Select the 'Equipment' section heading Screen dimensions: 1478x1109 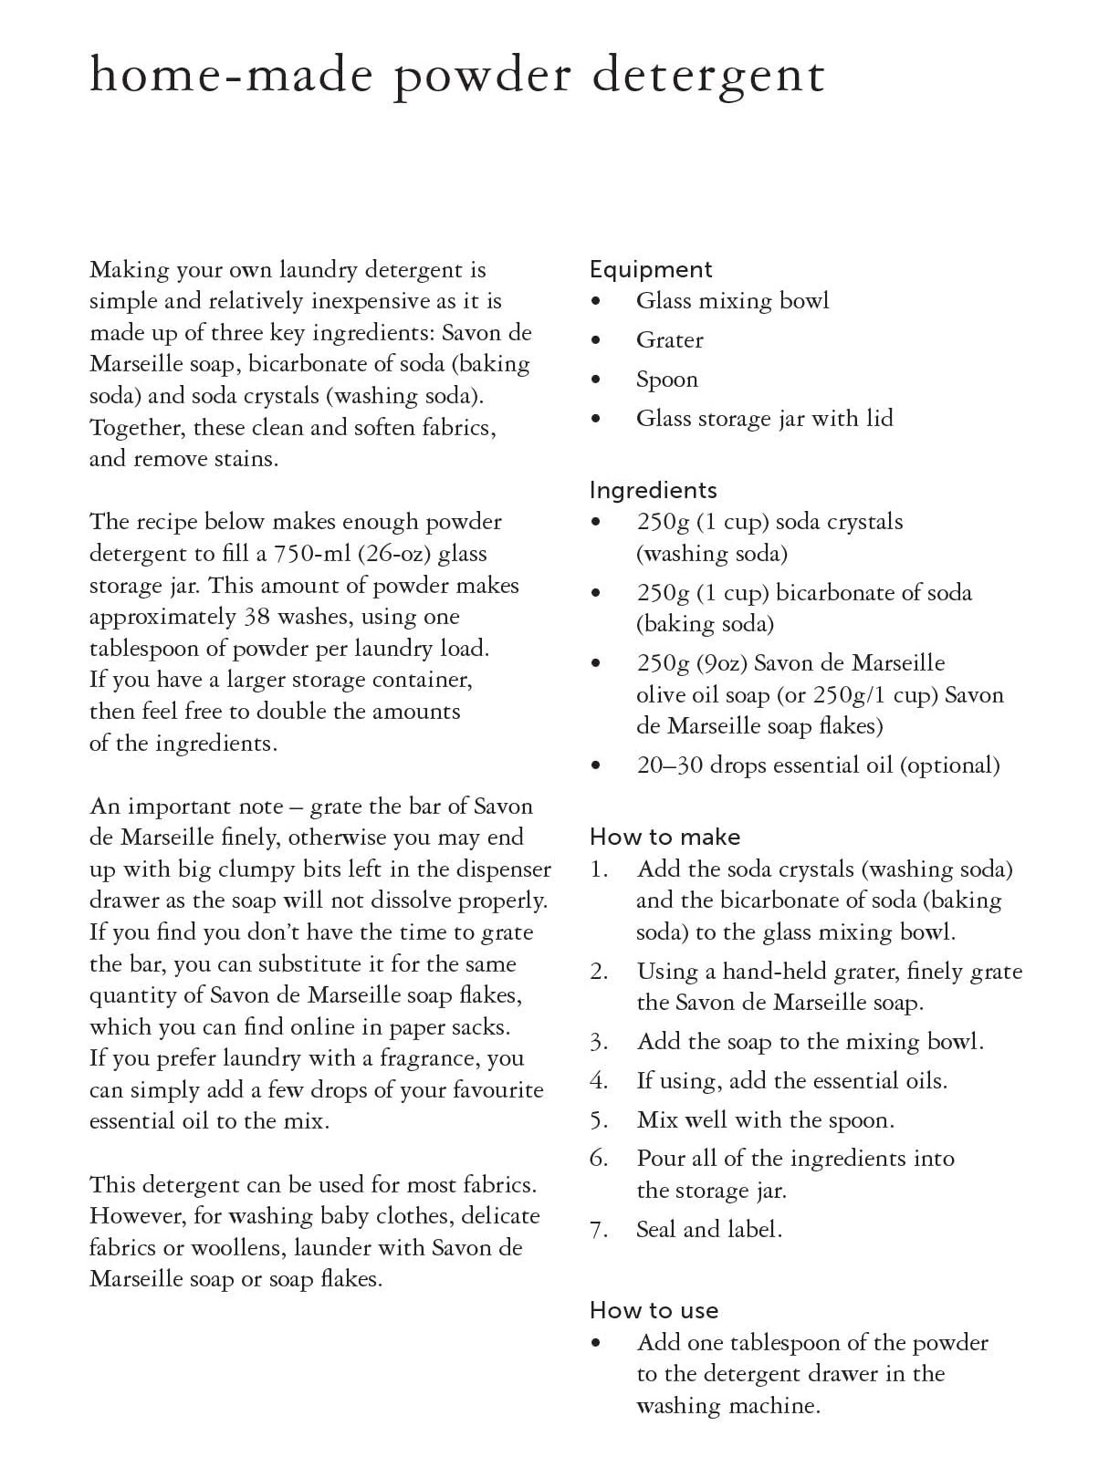point(651,270)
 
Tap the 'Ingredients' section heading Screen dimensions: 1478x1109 point(654,491)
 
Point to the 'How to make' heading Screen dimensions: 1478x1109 point(665,838)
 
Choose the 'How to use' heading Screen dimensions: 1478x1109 point(654,1311)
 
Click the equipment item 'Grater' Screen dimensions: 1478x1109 point(670,340)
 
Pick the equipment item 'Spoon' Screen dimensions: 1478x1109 point(667,380)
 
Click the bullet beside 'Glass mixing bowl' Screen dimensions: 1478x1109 point(597,301)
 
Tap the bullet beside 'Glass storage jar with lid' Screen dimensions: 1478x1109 point(597,419)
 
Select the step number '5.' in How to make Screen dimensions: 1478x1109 point(599,1120)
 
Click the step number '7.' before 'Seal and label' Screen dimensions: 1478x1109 point(599,1230)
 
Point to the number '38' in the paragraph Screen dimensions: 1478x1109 point(256,617)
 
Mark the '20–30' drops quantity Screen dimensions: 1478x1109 point(670,765)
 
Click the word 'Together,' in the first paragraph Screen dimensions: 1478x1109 point(136,428)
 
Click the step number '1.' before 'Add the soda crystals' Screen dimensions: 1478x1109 point(599,869)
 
